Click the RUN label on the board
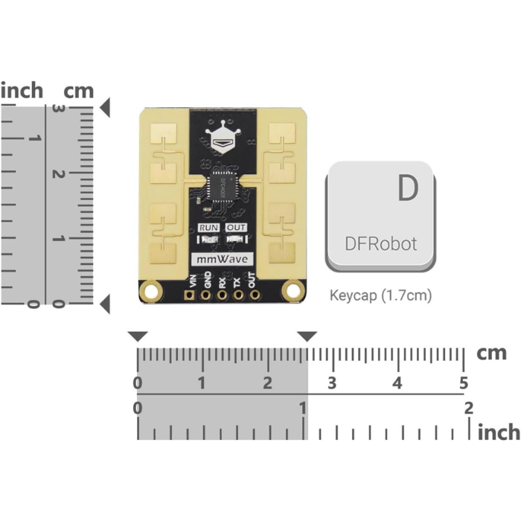[x=209, y=228]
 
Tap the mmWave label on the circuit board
[x=224, y=259]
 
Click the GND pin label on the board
[x=208, y=280]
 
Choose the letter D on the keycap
[x=406, y=189]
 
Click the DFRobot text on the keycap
[x=380, y=243]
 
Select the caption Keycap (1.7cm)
[x=380, y=295]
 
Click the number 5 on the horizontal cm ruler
[x=463, y=383]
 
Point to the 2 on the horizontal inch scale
[x=468, y=408]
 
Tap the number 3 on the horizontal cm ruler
[x=332, y=383]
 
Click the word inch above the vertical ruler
[x=22, y=91]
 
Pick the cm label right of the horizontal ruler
[x=491, y=354]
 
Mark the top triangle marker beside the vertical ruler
[x=106, y=109]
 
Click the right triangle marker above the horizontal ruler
[x=307, y=337]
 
